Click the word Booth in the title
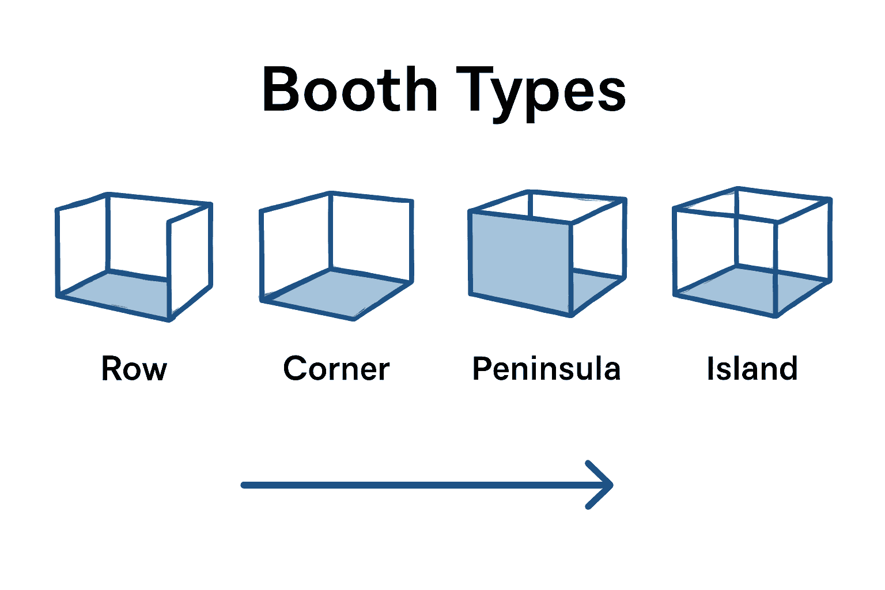[x=349, y=90]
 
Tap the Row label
[x=134, y=369]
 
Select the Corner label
[x=336, y=369]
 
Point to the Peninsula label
[x=546, y=369]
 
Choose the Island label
[x=752, y=369]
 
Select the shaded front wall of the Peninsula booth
[x=521, y=259]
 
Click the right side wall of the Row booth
[x=191, y=259]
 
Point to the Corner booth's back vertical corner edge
[x=330, y=230]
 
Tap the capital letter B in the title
[x=282, y=90]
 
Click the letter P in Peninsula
[x=482, y=369]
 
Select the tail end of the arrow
[x=245, y=485]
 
